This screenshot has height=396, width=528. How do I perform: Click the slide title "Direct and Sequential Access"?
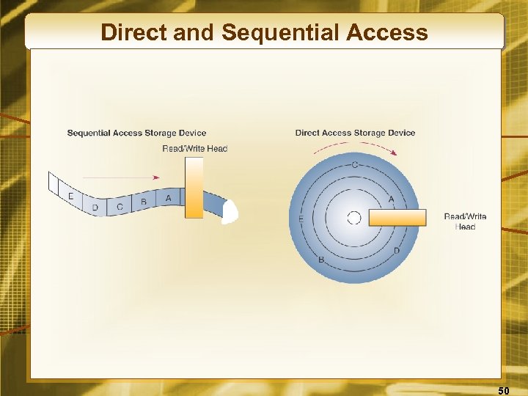[x=264, y=32]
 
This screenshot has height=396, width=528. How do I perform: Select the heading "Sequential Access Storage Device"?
[x=136, y=133]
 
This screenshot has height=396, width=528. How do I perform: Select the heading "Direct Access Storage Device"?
[x=355, y=133]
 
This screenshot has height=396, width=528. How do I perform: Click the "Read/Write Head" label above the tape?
[x=194, y=149]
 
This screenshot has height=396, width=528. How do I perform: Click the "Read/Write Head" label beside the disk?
[x=465, y=221]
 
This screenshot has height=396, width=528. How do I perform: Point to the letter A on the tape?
[x=169, y=198]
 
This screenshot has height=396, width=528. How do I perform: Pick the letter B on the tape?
[x=144, y=202]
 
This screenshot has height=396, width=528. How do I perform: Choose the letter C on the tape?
[x=120, y=208]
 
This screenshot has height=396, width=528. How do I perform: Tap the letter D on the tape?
[x=95, y=208]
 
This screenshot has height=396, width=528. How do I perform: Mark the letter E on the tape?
[x=70, y=196]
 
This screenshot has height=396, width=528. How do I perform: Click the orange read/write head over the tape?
[x=194, y=188]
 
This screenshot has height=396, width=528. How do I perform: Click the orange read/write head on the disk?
[x=397, y=218]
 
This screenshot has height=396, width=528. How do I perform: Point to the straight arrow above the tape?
[x=121, y=177]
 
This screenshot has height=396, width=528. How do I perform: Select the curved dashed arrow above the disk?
[x=354, y=146]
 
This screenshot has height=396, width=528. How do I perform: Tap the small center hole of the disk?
[x=353, y=218]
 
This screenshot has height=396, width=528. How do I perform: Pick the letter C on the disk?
[x=355, y=164]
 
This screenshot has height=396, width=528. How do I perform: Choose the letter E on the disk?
[x=301, y=219]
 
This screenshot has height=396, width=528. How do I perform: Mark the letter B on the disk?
[x=320, y=260]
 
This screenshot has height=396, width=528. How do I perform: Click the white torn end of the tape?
[x=230, y=211]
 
